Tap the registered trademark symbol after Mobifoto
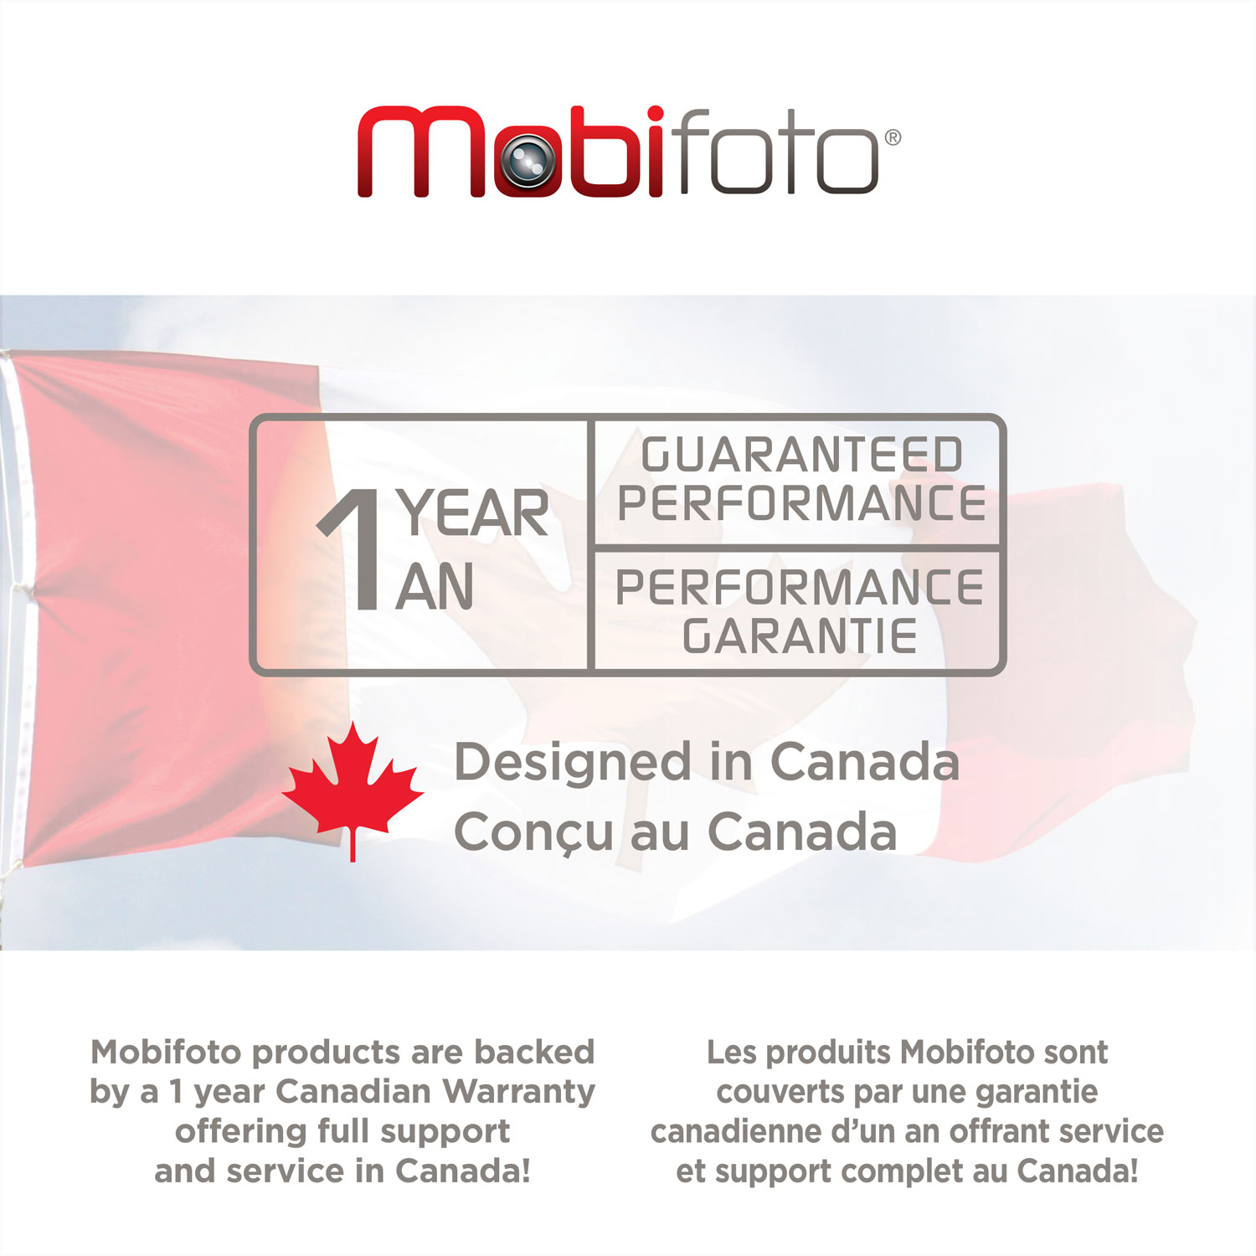tap(893, 137)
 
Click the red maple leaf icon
tap(353, 787)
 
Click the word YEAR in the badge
tap(474, 513)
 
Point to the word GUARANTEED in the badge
tap(801, 456)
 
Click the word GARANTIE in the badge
tap(800, 637)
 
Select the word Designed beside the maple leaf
tap(574, 764)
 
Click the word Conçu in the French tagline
tap(533, 833)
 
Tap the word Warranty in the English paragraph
tap(519, 1091)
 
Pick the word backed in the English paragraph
tap(534, 1052)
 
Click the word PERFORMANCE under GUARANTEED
tap(801, 503)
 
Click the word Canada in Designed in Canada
tap(864, 763)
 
